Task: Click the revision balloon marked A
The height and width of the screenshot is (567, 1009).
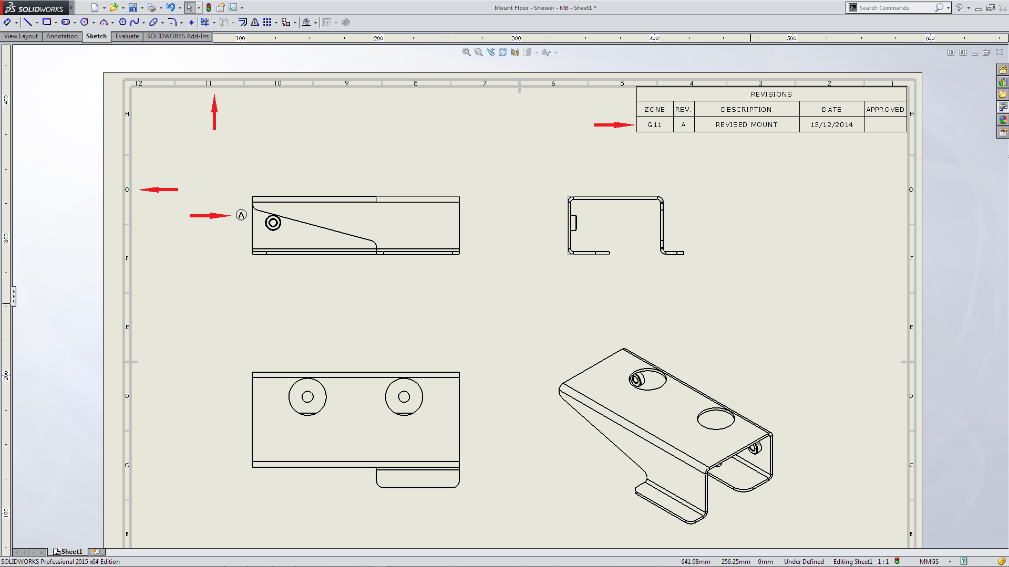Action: pyautogui.click(x=241, y=215)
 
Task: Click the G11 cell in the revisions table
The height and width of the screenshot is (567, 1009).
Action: pyautogui.click(x=655, y=124)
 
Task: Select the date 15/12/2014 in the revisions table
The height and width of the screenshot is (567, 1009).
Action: pyautogui.click(x=832, y=124)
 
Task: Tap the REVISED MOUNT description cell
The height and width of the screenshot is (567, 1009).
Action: pyautogui.click(x=747, y=124)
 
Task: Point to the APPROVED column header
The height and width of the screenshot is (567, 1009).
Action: pyautogui.click(x=886, y=109)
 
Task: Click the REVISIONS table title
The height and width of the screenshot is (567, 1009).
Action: pyautogui.click(x=771, y=94)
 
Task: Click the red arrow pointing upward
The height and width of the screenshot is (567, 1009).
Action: pyautogui.click(x=214, y=112)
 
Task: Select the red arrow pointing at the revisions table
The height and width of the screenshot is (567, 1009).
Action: pyautogui.click(x=614, y=125)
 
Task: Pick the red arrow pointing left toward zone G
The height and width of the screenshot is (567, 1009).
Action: pyautogui.click(x=159, y=190)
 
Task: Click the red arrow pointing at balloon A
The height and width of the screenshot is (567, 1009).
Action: pyautogui.click(x=210, y=215)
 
